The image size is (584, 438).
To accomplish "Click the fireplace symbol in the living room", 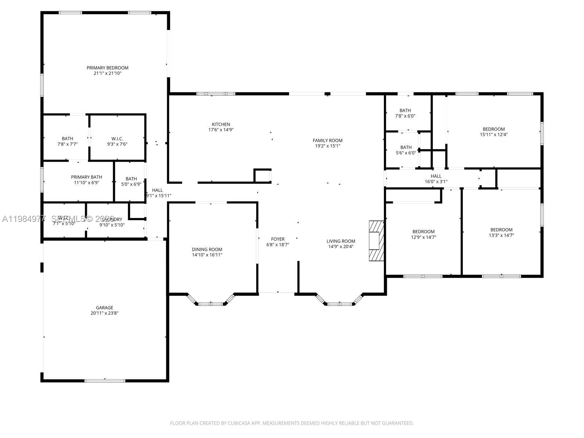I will (x=376, y=241).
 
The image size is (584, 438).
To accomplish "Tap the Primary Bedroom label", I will (x=107, y=68).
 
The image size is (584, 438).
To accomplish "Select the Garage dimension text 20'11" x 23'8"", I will (x=105, y=313).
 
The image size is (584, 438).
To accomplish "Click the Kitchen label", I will (x=221, y=124).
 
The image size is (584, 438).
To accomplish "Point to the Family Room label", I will (x=327, y=141).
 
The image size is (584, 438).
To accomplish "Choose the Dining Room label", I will (x=207, y=250).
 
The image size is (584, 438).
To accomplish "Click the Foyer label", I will (x=278, y=239).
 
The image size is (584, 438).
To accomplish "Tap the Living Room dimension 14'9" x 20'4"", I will (x=341, y=246).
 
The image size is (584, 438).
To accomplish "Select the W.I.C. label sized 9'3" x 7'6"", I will (x=117, y=139).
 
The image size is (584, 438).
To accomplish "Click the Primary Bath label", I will (x=87, y=177).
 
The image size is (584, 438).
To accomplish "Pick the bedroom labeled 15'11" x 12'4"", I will (x=493, y=129).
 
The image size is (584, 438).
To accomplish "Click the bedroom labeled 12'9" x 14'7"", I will (x=423, y=232).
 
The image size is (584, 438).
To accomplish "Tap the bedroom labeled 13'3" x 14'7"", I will (x=501, y=230).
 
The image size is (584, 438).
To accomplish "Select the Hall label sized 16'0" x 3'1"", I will (x=436, y=176).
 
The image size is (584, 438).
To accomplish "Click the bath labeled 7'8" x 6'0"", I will (x=405, y=111).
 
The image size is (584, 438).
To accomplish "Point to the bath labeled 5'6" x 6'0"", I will (x=406, y=147).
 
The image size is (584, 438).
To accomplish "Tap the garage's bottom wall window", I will (x=105, y=381).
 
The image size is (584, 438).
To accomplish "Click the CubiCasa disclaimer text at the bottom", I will (x=292, y=423).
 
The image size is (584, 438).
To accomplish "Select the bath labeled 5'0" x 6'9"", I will (x=131, y=179).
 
